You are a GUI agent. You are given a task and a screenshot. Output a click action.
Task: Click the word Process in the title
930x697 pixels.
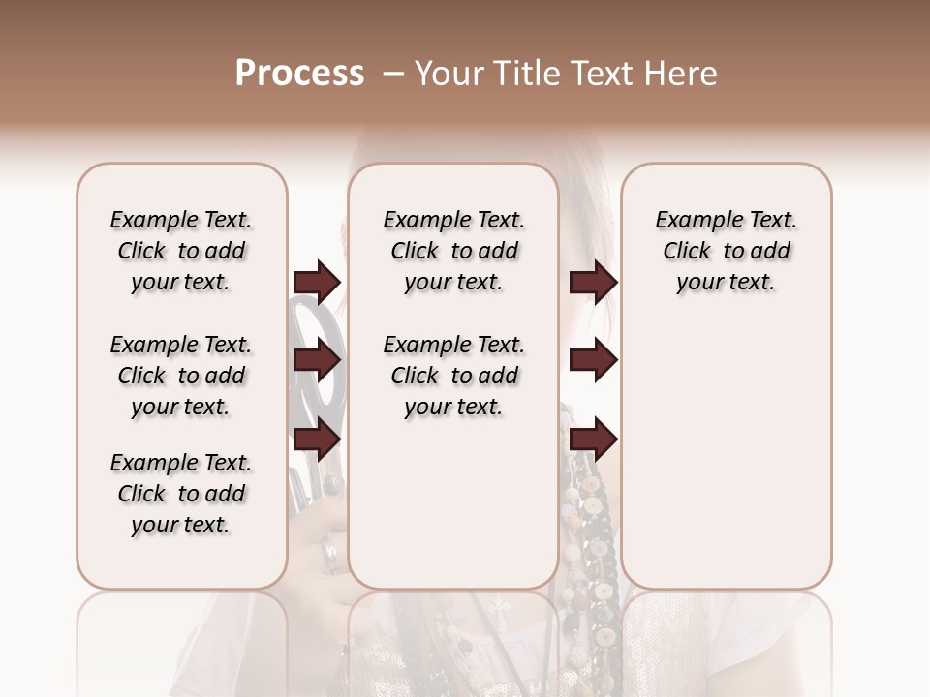pyautogui.click(x=299, y=74)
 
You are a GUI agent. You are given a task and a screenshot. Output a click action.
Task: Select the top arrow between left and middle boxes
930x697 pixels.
pyautogui.click(x=317, y=282)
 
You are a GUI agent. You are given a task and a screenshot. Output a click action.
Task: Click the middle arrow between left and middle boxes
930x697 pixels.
pyautogui.click(x=317, y=361)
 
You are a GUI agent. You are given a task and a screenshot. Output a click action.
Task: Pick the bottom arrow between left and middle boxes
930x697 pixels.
pyautogui.click(x=317, y=439)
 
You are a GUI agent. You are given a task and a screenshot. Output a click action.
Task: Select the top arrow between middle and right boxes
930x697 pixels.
pyautogui.click(x=593, y=282)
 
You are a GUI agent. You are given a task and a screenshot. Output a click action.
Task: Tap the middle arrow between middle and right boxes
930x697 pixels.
pyautogui.click(x=593, y=361)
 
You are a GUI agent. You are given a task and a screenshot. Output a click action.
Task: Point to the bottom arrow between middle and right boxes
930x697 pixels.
pyautogui.click(x=593, y=439)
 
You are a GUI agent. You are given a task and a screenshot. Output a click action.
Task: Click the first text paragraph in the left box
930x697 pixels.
pyautogui.click(x=181, y=251)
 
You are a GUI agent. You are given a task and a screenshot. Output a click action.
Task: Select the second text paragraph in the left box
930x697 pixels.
pyautogui.click(x=181, y=376)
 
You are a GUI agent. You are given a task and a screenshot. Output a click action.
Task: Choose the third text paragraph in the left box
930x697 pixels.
pyautogui.click(x=181, y=494)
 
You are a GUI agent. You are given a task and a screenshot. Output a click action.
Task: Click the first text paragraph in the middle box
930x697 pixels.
pyautogui.click(x=453, y=251)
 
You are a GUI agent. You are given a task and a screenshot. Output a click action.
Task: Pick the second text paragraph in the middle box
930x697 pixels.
pyautogui.click(x=453, y=376)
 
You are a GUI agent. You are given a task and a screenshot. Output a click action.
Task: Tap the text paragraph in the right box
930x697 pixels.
pyautogui.click(x=726, y=251)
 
